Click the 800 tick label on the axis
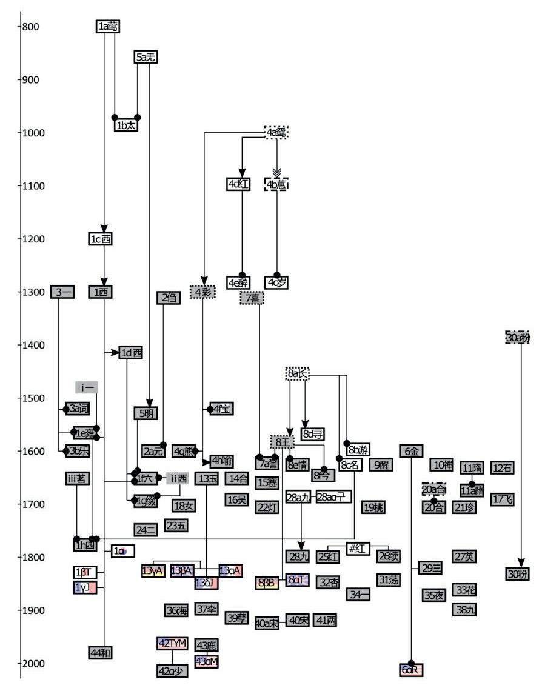click(31, 27)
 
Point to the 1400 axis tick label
click(33, 345)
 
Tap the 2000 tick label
click(33, 664)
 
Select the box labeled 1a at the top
click(108, 26)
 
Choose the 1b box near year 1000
click(125, 125)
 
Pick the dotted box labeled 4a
click(276, 132)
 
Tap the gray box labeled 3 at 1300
click(62, 292)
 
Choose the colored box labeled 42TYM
click(172, 643)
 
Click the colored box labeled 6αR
click(412, 670)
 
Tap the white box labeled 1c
click(101, 239)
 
